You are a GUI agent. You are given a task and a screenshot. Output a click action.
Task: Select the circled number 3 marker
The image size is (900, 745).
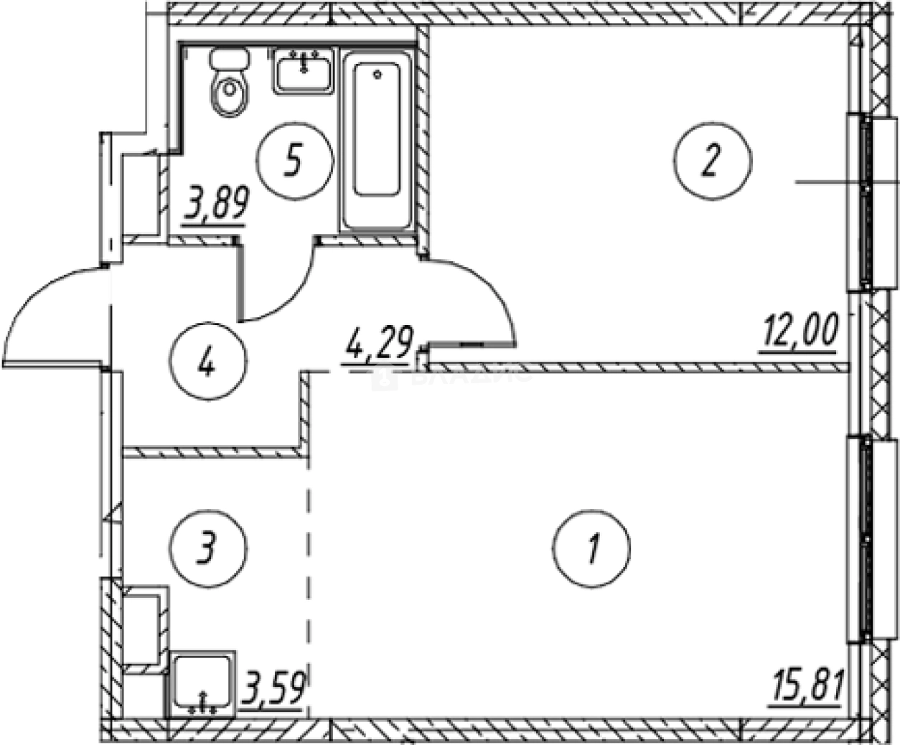[x=209, y=548]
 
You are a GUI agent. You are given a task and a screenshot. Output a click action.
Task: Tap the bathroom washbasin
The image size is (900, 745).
[x=304, y=70]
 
